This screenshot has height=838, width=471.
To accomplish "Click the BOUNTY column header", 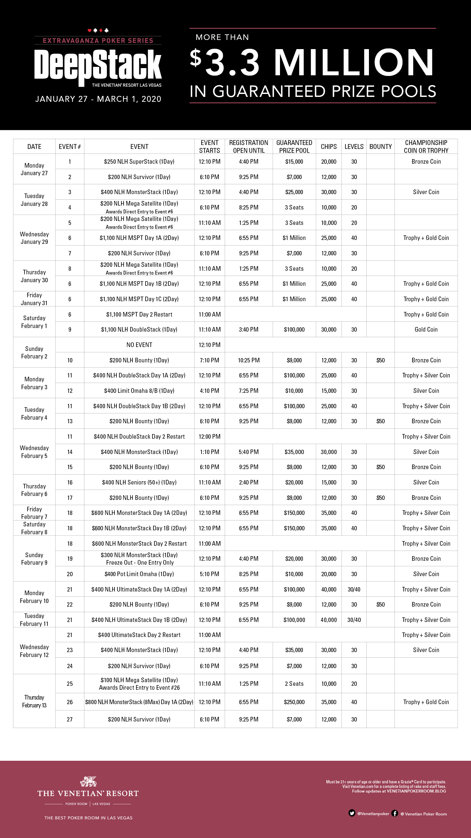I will (380, 147).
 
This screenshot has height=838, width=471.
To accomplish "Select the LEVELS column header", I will (354, 147).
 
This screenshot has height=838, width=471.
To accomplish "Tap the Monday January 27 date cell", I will (34, 169).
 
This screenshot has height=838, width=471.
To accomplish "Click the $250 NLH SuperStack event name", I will (139, 162).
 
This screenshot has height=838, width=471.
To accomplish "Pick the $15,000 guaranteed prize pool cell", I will (294, 162).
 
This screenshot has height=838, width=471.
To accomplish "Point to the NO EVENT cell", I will (139, 345).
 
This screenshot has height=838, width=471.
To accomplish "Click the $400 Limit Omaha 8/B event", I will (139, 391).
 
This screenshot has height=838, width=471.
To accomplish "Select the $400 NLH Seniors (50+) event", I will (139, 483).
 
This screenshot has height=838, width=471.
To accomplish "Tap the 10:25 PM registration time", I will (249, 360).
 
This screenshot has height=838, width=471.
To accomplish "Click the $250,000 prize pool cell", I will (294, 702).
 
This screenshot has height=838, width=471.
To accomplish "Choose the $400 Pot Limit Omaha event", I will (139, 574).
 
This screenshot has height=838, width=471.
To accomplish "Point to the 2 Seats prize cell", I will (294, 684).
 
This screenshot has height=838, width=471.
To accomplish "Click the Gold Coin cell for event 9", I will (426, 330).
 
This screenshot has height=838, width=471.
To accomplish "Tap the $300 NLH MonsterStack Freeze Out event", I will (139, 559).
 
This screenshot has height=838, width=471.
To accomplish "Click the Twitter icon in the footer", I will (352, 813).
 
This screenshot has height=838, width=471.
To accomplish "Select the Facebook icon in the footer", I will (395, 813).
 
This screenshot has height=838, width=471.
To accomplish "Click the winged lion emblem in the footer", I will (88, 781).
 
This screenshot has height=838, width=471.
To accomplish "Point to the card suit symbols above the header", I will (98, 30).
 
